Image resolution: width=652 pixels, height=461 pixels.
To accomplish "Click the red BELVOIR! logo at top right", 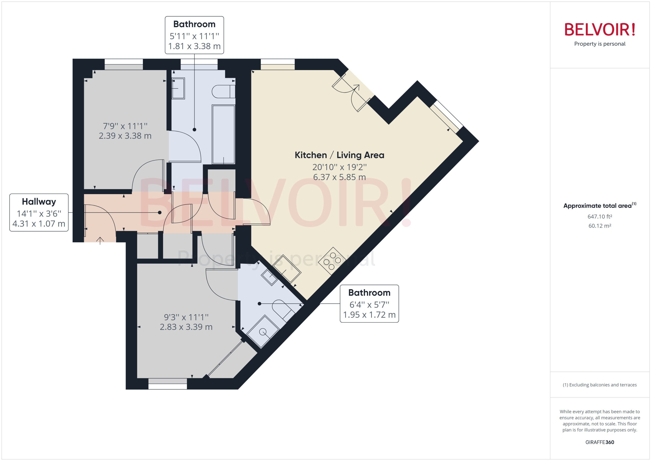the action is click(599, 30).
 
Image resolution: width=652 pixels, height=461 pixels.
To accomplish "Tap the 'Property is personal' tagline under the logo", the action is click(599, 44).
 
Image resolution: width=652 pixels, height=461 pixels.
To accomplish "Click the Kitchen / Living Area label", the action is click(339, 155).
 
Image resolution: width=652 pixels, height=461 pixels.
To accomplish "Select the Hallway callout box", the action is click(39, 213).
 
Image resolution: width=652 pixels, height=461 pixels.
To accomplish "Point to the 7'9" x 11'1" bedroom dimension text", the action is click(125, 131).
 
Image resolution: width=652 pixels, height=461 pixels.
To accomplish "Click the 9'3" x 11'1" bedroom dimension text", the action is click(186, 322).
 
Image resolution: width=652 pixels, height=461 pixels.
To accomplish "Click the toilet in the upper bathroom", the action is click(224, 91).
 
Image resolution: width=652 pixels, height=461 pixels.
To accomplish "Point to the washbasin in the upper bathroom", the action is click(178, 88).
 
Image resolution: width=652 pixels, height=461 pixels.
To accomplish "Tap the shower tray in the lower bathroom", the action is click(263, 331).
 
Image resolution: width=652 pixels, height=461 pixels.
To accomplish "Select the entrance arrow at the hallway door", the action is click(100, 240).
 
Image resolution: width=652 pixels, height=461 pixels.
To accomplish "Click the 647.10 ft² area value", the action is click(600, 217).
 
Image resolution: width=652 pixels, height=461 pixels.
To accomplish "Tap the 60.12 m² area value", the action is click(600, 226).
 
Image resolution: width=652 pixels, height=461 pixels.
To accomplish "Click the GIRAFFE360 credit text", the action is click(600, 442).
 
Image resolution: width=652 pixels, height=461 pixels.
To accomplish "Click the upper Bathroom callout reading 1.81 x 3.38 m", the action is click(194, 35).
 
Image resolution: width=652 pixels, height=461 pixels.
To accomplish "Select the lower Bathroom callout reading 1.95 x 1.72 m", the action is click(369, 304).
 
